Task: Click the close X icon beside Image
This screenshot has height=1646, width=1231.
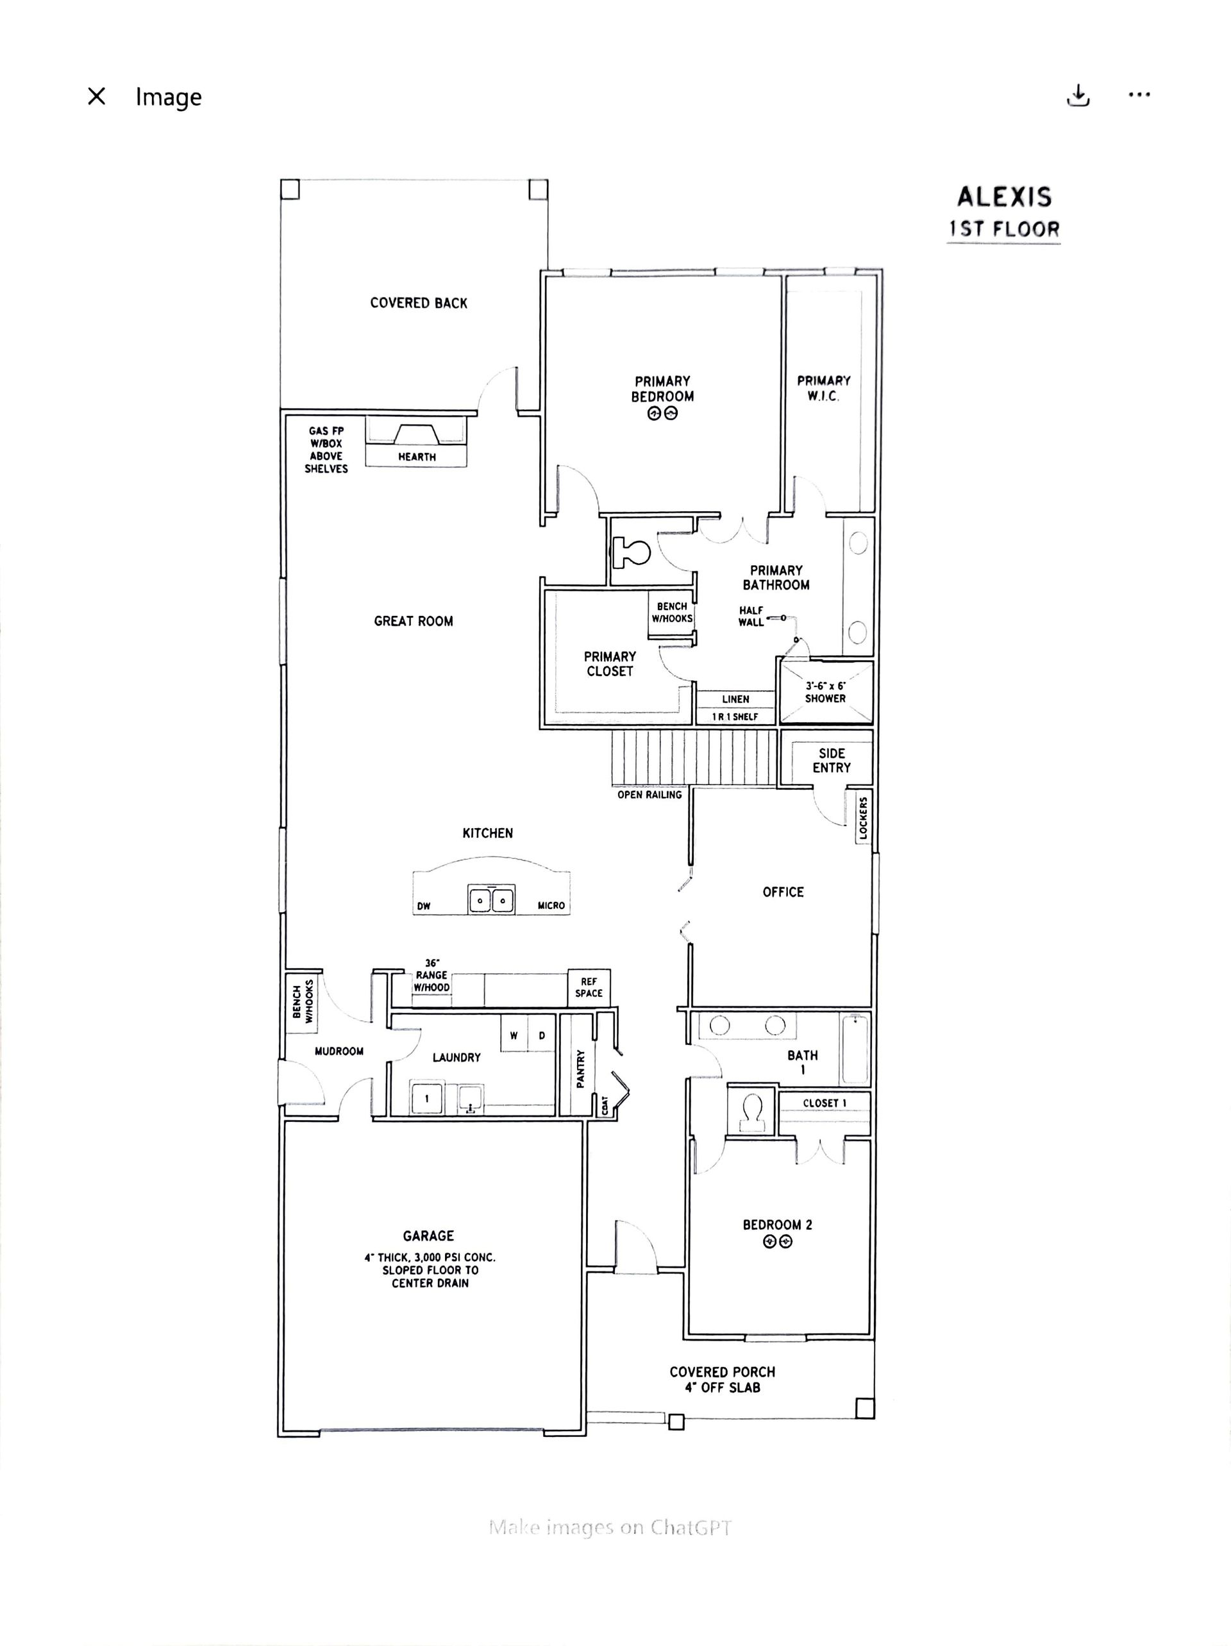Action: (97, 96)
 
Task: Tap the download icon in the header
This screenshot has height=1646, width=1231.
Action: (1078, 95)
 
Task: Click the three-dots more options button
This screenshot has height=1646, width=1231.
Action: (1139, 94)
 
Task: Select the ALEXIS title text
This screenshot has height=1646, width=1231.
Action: (1004, 197)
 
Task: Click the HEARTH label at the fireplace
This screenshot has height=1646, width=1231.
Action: (417, 457)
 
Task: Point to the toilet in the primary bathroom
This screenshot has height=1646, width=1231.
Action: (631, 552)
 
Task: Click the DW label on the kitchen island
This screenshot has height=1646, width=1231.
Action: (424, 906)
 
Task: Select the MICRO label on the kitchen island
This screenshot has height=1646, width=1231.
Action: (551, 906)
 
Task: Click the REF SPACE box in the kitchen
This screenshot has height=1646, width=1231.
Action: (589, 987)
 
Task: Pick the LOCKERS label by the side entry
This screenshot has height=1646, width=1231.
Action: (863, 818)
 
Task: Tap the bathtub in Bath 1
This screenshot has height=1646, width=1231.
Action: (855, 1048)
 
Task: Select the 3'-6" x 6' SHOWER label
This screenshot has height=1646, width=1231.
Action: (826, 692)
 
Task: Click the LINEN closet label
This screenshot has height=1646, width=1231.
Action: (735, 699)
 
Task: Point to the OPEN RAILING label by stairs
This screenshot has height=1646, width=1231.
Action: (649, 795)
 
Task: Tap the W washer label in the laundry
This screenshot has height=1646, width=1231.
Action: (513, 1035)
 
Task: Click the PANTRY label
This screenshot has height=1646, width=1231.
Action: (581, 1069)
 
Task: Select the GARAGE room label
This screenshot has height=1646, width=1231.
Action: (428, 1236)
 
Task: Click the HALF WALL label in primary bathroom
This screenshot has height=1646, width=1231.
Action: (751, 616)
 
